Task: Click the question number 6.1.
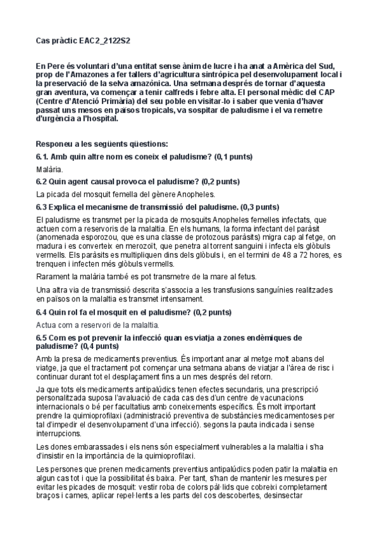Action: coord(44,156)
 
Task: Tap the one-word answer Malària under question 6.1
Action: coord(49,170)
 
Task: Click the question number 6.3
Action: coord(44,206)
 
